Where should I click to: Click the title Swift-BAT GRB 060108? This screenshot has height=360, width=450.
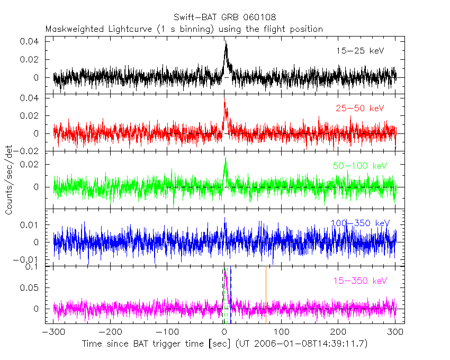click(x=224, y=17)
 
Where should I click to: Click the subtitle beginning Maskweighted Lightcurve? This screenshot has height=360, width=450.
click(x=184, y=29)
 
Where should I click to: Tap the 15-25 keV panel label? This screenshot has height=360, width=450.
click(x=360, y=51)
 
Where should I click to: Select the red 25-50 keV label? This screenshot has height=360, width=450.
click(x=360, y=109)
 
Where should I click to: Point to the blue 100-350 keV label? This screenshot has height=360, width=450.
click(x=360, y=223)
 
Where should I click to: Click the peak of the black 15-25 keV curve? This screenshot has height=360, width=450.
click(x=226, y=42)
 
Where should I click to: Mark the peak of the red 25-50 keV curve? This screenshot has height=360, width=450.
click(x=224, y=98)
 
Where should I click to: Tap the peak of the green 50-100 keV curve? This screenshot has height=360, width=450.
click(x=226, y=157)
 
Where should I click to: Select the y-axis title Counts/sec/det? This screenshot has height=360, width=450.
click(x=9, y=181)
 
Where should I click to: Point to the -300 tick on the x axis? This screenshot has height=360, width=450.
click(x=53, y=332)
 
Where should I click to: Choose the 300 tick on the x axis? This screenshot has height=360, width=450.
click(x=395, y=332)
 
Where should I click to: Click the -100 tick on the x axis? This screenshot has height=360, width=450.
click(x=167, y=332)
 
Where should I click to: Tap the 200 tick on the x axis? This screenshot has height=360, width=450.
click(x=339, y=332)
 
